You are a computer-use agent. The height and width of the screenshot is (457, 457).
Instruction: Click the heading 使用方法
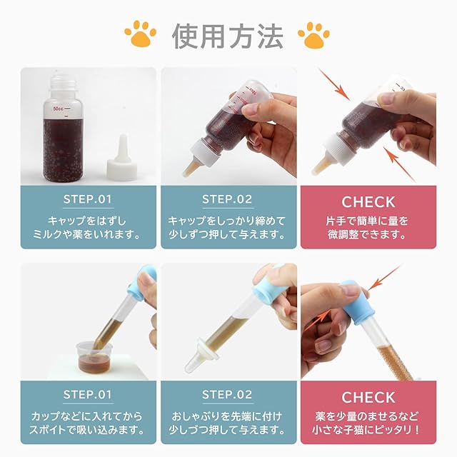click(x=228, y=36)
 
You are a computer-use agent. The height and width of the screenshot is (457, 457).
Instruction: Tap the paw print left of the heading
click(x=141, y=33)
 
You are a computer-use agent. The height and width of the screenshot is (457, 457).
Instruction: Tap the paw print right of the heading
click(x=314, y=35)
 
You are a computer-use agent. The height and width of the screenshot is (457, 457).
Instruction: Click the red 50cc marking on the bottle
click(x=58, y=109)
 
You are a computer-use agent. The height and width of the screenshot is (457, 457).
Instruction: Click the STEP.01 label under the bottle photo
click(x=88, y=199)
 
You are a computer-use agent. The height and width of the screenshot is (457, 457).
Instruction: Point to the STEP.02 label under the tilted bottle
click(x=227, y=199)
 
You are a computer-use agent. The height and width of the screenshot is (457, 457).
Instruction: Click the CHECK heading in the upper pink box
click(x=368, y=202)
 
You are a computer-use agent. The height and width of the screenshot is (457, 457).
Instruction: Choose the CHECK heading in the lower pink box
click(x=368, y=398)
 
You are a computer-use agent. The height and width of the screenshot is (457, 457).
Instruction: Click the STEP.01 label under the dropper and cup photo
click(x=88, y=395)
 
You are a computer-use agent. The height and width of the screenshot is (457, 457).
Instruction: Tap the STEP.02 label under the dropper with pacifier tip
click(x=227, y=395)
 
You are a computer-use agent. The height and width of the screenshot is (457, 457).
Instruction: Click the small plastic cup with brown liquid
click(x=95, y=358)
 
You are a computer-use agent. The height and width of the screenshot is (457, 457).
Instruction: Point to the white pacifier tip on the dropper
click(x=200, y=356)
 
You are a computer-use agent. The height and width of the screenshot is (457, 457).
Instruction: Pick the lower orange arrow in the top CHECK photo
click(x=398, y=164)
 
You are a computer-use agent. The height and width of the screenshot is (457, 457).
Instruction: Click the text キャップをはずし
click(x=87, y=221)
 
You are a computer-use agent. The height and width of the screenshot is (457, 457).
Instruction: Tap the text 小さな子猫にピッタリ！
click(x=366, y=430)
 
